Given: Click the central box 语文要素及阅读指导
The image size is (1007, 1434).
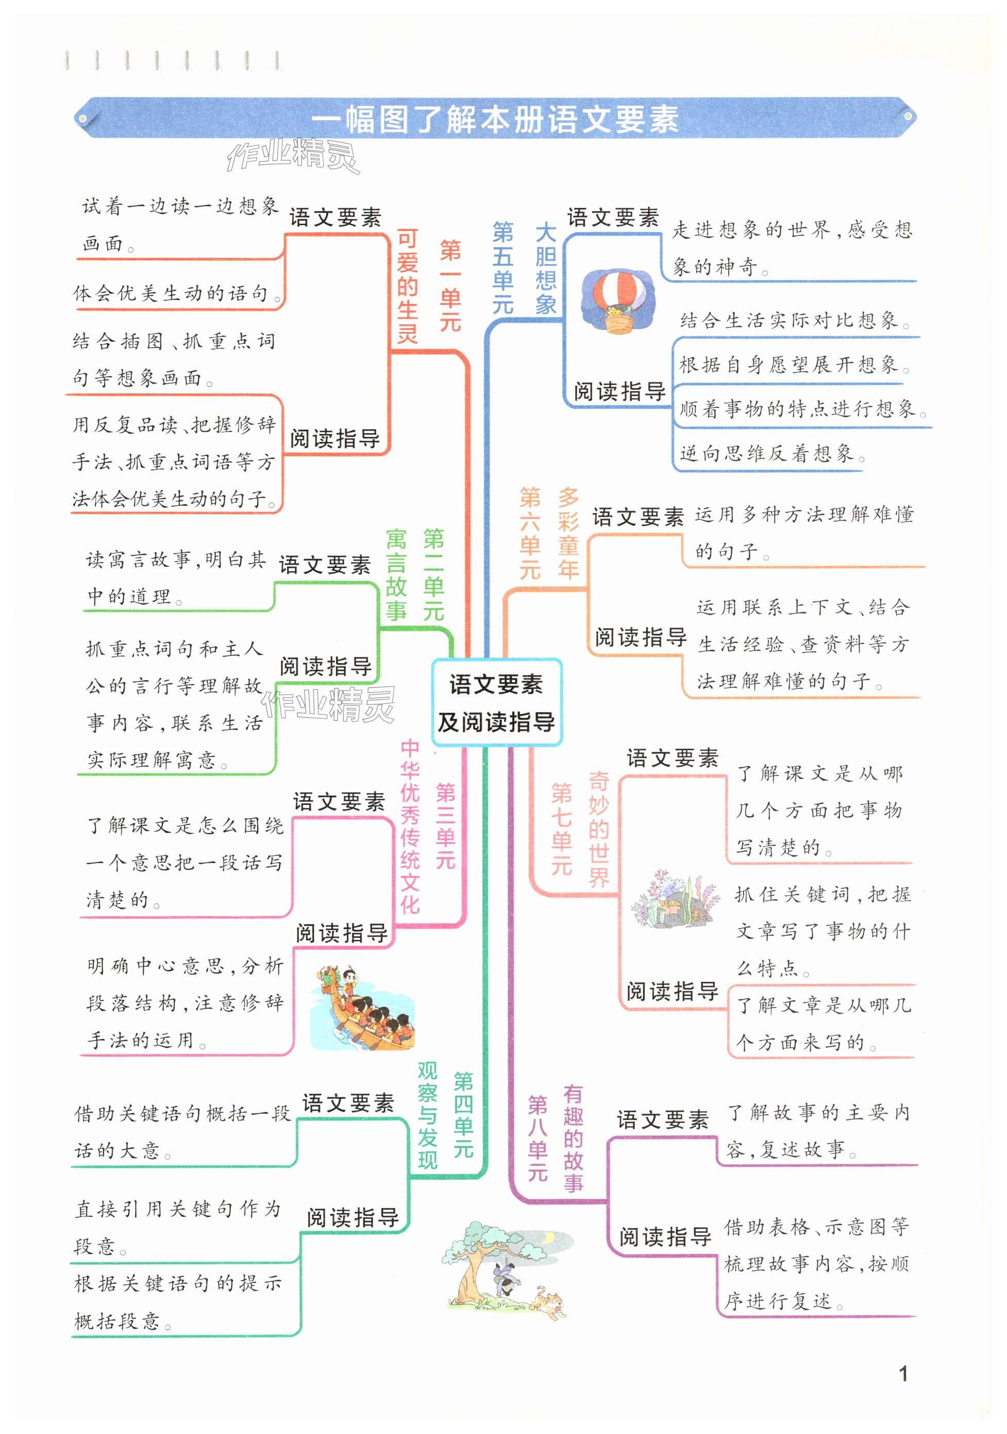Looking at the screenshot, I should click(x=496, y=703).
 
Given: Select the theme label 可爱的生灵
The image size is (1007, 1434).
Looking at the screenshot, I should click(x=407, y=286).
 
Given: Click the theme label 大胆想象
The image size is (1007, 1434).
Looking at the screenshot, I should click(x=545, y=269).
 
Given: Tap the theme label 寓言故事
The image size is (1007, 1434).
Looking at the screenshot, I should click(x=396, y=574).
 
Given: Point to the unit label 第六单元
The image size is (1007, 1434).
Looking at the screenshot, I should click(x=530, y=533).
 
